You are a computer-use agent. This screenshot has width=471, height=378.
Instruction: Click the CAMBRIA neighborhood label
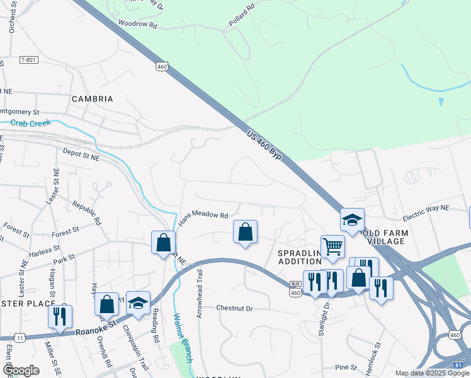tap(92, 99)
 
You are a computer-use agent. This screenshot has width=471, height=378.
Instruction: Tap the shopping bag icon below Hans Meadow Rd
tap(245, 232)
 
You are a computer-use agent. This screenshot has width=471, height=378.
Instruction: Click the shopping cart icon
tap(332, 246)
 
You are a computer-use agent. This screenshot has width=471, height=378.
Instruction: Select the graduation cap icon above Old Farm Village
tap(352, 219)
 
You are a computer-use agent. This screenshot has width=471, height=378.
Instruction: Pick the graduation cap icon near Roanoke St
tap(138, 302)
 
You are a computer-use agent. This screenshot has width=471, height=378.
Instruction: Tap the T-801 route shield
tap(29, 60)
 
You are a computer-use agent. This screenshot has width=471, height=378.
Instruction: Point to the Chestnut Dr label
tap(234, 309)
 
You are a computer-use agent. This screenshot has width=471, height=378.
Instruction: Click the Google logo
tap(21, 370)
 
